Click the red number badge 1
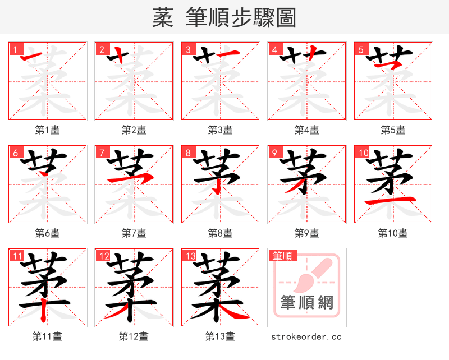click(15, 49)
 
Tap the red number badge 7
click(102, 153)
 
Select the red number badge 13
click(189, 256)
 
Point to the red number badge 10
click(362, 153)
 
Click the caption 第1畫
click(47, 130)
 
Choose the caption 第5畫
click(393, 130)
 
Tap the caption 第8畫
click(220, 233)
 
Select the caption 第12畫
click(134, 336)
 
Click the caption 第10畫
click(393, 233)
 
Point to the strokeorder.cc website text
click(306, 336)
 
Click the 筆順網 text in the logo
click(307, 303)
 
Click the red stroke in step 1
click(31, 54)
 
